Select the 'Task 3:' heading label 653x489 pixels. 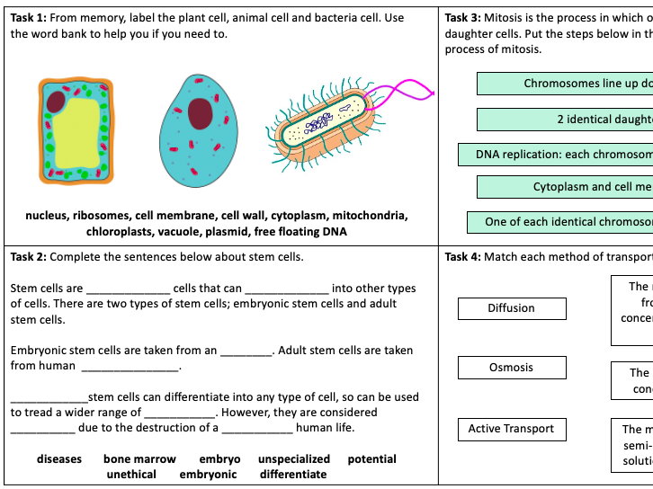(x=462, y=18)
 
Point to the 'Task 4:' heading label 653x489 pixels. (x=462, y=257)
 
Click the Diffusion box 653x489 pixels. (x=511, y=308)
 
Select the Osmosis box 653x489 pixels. (x=511, y=368)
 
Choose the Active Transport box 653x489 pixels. (x=511, y=429)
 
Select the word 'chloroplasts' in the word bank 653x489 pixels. (x=121, y=232)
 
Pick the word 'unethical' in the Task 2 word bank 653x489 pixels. (x=130, y=474)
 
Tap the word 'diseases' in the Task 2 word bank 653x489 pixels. (x=59, y=459)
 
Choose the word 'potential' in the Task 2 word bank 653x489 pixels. (x=371, y=459)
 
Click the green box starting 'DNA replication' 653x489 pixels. (x=555, y=155)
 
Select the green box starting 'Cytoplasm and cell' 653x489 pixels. (x=565, y=187)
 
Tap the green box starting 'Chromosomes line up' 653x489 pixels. (x=565, y=84)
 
